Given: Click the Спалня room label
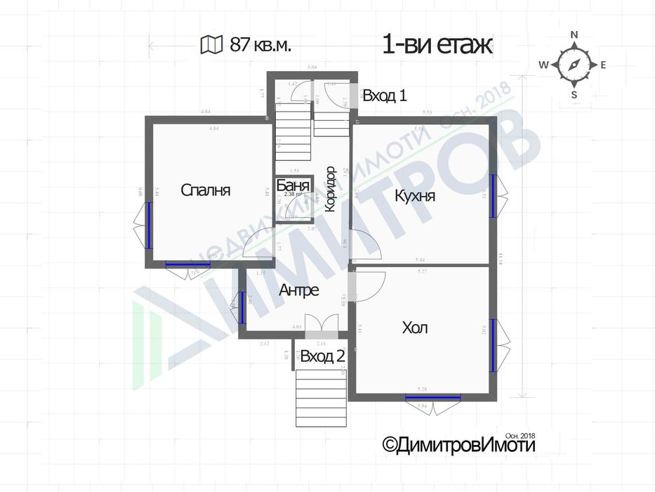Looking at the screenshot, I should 206,190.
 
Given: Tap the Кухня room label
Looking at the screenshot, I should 415,195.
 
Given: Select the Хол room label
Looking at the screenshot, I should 415,328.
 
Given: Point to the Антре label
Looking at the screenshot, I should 299,290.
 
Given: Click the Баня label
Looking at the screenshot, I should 291,186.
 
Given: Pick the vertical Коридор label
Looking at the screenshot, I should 330,190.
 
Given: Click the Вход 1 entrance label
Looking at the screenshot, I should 385,96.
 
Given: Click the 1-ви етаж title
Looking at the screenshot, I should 437,45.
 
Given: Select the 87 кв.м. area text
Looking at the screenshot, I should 260,46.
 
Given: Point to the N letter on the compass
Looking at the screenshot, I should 574,34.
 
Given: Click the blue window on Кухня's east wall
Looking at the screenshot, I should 493,197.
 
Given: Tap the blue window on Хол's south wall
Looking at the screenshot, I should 432,398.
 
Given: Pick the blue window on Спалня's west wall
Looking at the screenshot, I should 149,225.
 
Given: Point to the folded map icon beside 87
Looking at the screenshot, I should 210,46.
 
